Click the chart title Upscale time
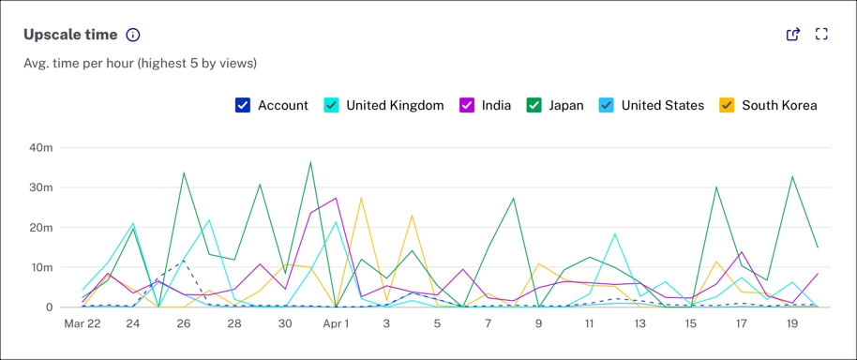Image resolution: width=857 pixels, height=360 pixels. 70,35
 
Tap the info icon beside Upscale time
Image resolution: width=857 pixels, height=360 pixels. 133,35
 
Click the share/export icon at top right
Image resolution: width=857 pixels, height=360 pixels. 793,35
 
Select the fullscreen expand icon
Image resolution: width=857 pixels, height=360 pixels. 821,35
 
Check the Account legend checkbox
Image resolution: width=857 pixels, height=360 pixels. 243,105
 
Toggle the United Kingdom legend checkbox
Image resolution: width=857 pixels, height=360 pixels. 332,105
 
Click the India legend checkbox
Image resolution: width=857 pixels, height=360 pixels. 467,105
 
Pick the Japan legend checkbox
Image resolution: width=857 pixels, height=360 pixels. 534,105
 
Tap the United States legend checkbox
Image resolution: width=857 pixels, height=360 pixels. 607,105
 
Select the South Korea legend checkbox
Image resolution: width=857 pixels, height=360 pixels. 727,105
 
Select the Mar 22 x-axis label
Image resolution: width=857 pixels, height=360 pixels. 83,323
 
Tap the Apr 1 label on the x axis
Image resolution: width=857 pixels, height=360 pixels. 336,323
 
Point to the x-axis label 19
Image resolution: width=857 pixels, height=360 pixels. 792,323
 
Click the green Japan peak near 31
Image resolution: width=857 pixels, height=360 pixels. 310,162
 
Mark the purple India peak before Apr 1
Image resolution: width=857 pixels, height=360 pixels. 336,198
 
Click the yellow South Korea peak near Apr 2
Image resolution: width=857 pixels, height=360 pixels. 361,198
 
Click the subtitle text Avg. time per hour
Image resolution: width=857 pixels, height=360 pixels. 141,64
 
